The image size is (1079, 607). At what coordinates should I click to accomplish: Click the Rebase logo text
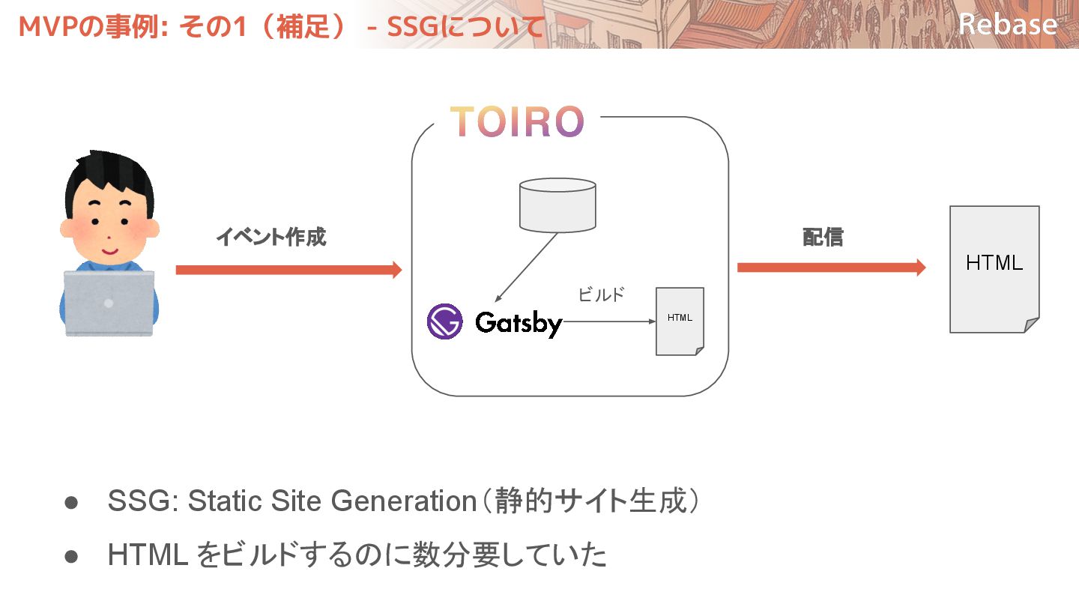tap(1008, 24)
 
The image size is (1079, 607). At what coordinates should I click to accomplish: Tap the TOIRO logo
tap(516, 121)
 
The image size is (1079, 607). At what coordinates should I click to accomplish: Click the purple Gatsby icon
tap(445, 322)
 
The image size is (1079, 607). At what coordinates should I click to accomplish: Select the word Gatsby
tap(519, 324)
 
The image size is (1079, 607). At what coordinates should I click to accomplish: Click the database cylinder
tap(558, 204)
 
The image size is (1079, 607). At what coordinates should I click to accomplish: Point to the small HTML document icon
tap(680, 321)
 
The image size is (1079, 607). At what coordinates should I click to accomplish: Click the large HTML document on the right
tap(994, 268)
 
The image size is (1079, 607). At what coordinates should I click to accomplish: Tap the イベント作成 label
tap(271, 238)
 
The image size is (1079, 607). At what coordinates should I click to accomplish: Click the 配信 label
tap(823, 238)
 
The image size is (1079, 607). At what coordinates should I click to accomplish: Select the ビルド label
tap(601, 295)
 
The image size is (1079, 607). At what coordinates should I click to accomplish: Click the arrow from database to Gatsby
tap(526, 268)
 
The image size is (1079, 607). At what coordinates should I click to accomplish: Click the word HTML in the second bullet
tap(148, 555)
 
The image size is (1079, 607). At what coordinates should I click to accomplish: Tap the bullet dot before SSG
tap(71, 502)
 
